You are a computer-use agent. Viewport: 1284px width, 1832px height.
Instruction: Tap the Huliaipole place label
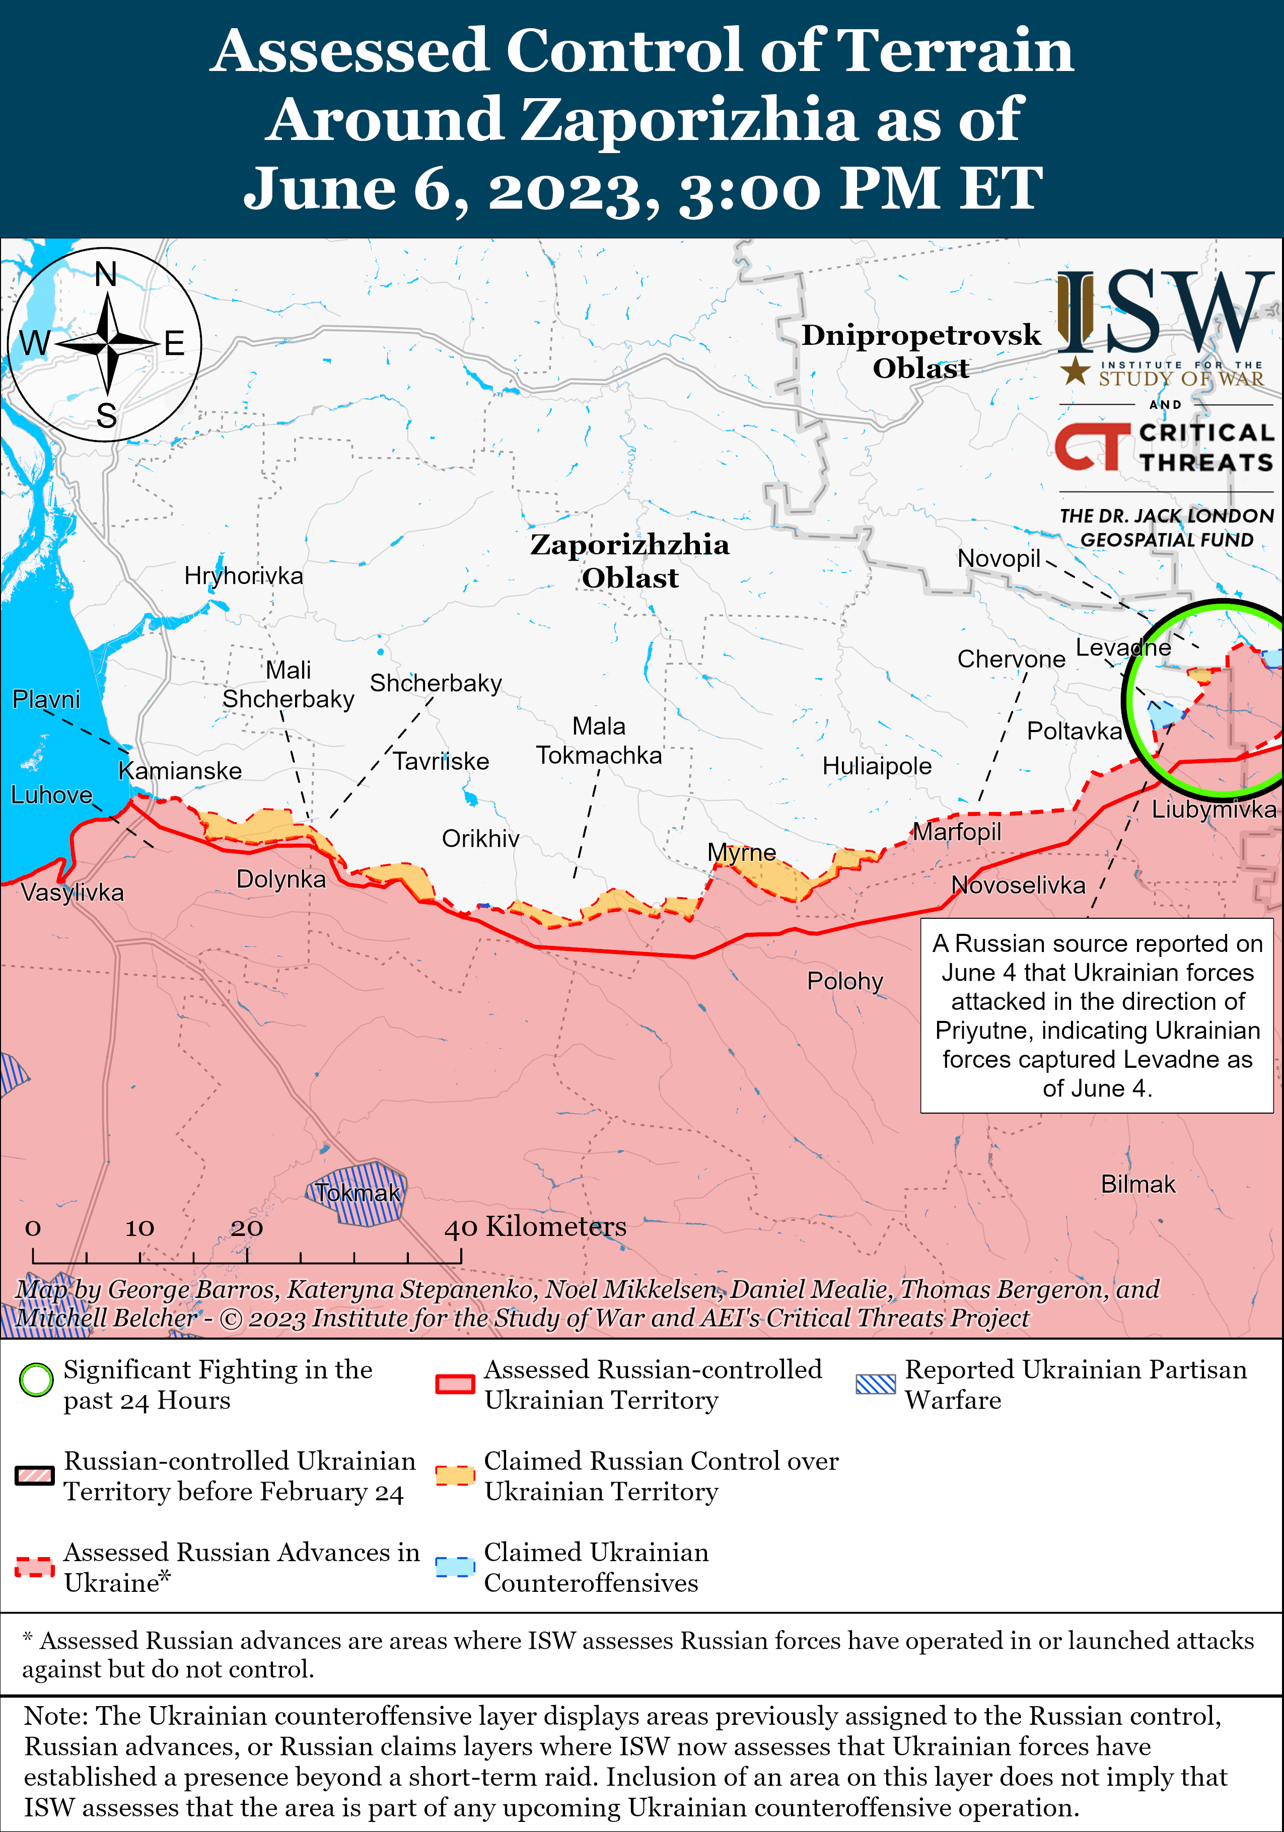coord(877,766)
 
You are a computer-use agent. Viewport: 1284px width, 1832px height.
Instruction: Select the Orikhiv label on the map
coord(480,839)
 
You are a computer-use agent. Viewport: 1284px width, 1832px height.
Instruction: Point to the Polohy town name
coord(845,981)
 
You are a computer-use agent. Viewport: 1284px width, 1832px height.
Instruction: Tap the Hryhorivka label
coord(243,575)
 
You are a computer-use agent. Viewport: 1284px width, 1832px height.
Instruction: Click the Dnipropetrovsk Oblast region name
coord(921,351)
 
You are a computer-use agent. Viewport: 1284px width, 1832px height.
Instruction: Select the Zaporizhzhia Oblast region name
coord(629,561)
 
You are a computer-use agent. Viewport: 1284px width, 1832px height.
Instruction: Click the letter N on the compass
coord(106,275)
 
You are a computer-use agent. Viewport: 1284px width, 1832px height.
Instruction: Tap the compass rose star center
coord(107,344)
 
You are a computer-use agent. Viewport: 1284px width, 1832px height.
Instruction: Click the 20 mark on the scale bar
coord(247,1228)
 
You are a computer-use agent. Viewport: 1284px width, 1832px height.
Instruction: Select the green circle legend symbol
coord(35,1380)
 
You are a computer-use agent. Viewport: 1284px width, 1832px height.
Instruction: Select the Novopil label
coord(998,558)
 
